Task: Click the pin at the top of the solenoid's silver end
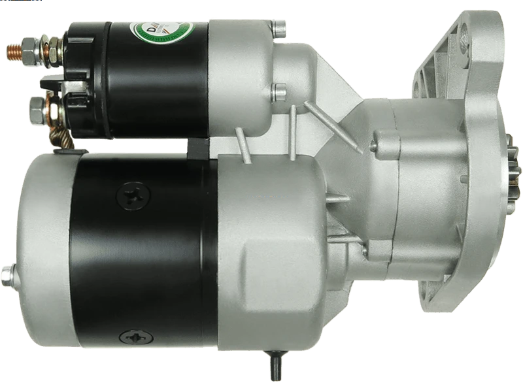pos(279,27)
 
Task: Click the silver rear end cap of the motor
pos(42,255)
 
